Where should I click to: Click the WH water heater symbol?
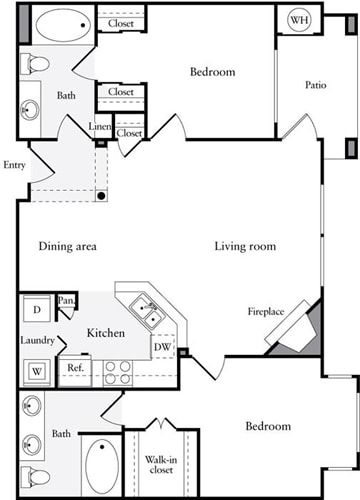pyautogui.click(x=298, y=21)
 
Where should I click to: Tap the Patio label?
pyautogui.click(x=317, y=85)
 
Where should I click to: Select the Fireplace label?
pyautogui.click(x=266, y=312)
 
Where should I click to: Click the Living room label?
pyautogui.click(x=244, y=246)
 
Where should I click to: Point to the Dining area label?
pyautogui.click(x=68, y=246)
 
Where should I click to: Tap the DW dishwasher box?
pyautogui.click(x=161, y=347)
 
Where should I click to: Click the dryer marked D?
pyautogui.click(x=37, y=309)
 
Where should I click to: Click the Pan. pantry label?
pyautogui.click(x=67, y=300)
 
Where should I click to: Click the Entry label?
pyautogui.click(x=14, y=165)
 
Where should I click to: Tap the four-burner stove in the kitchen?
pyautogui.click(x=117, y=372)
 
